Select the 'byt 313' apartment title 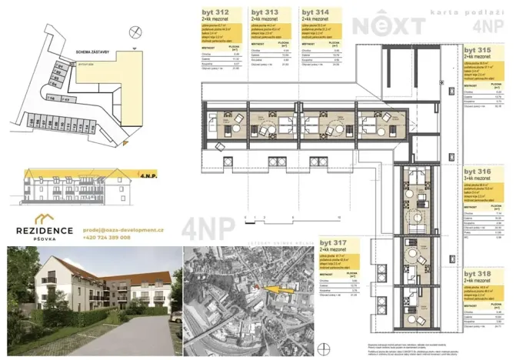click(x=263, y=13)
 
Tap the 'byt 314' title click(x=313, y=13)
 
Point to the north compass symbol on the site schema click(x=136, y=32)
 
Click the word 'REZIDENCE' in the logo click(x=45, y=230)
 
